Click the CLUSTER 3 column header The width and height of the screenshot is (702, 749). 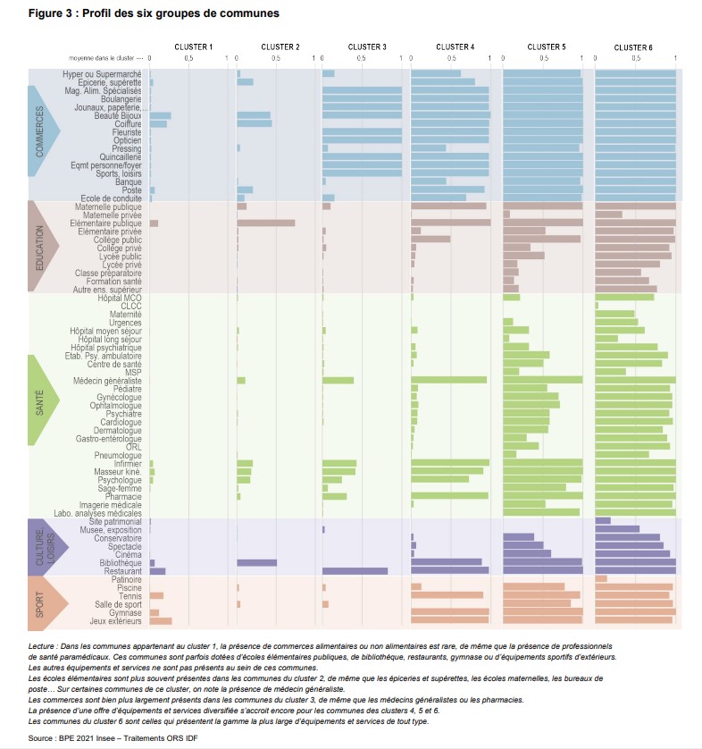(x=367, y=46)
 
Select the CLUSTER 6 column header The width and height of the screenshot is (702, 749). (x=633, y=46)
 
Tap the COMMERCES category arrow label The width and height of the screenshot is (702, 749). (x=41, y=132)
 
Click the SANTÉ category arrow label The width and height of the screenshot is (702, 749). (x=41, y=400)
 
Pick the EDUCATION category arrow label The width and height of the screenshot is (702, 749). (x=41, y=246)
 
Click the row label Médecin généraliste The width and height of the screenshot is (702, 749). (x=107, y=381)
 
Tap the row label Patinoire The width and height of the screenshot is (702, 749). (x=123, y=579)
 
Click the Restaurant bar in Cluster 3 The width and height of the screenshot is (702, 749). (x=355, y=570)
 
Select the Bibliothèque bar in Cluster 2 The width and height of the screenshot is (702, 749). (x=256, y=562)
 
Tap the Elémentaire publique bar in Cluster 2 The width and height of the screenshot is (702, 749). (x=265, y=223)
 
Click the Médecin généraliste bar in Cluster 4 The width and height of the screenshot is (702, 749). (x=448, y=380)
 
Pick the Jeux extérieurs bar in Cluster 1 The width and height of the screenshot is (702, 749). (x=161, y=620)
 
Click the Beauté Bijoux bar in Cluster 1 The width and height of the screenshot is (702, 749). (x=160, y=115)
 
